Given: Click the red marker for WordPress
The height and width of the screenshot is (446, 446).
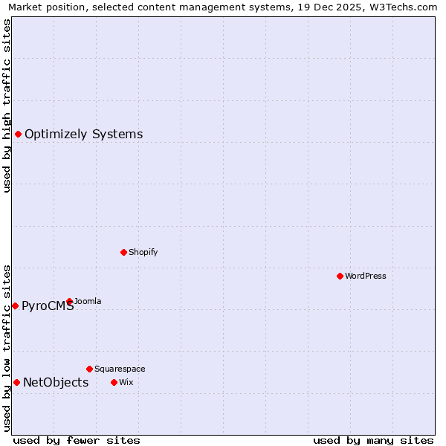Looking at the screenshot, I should (x=340, y=276).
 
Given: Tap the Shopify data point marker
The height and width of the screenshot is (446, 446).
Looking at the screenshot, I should (x=123, y=252).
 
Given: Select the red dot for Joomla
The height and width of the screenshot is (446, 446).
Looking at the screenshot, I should (x=69, y=301).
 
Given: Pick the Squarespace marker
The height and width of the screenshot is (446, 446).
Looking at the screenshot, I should (x=89, y=369).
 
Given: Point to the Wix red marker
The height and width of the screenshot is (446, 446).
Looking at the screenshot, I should (x=114, y=382).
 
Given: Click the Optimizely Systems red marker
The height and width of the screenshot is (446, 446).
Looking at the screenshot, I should (x=18, y=134).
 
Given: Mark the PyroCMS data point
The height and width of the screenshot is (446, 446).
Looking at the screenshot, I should (x=15, y=306).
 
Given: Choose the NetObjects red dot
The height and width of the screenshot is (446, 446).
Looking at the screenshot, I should (x=16, y=382).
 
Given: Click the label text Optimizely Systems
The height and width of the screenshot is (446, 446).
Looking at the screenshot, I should (x=83, y=135).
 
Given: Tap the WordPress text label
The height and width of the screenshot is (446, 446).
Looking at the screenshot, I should (x=366, y=277).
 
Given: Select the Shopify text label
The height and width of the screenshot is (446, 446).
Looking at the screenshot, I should (x=143, y=253).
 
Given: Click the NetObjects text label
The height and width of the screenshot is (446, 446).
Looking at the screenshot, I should (x=56, y=383).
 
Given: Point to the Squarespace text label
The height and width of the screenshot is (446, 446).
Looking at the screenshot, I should (x=120, y=369).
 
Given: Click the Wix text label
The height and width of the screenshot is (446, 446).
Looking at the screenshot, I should (x=126, y=383).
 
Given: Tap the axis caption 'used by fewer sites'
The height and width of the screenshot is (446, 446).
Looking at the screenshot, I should (x=77, y=440).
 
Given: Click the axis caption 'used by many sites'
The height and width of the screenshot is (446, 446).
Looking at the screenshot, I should (x=373, y=440).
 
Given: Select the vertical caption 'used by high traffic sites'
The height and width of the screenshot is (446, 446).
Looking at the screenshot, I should (x=7, y=106).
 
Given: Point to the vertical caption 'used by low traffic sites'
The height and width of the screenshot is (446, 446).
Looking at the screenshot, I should (x=7, y=348).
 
